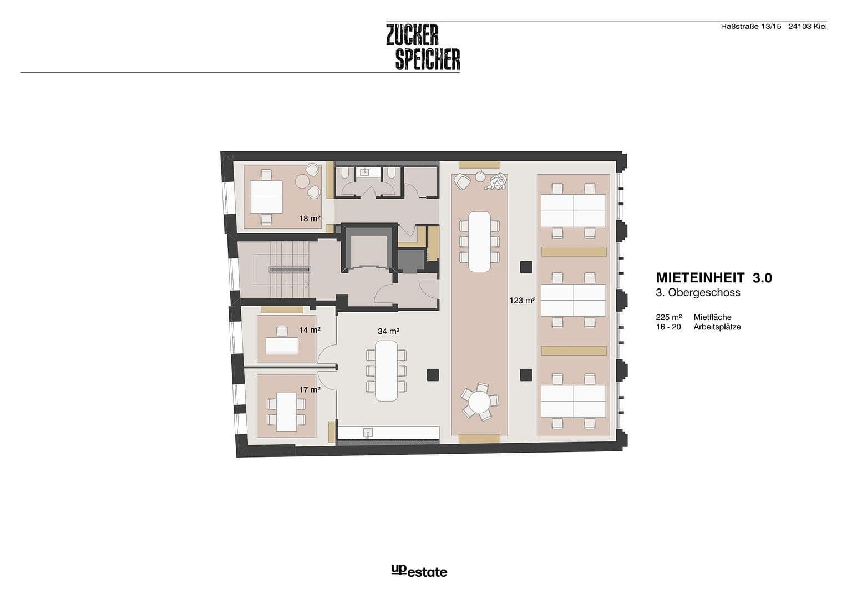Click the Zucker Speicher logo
423,47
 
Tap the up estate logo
419,571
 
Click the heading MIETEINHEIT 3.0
713,277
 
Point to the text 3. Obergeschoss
698,293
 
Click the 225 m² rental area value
668,317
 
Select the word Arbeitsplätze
717,327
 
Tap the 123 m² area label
522,301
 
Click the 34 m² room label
388,331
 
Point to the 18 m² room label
310,219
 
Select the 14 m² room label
310,330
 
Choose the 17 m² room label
310,389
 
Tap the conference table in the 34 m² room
387,370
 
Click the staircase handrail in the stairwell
290,270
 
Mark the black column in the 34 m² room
433,375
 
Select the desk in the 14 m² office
282,346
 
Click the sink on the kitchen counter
367,432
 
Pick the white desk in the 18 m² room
266,197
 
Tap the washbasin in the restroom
365,172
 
